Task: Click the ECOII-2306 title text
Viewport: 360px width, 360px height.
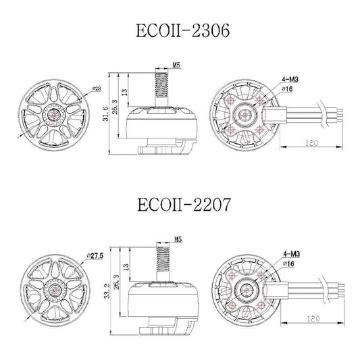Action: pyautogui.click(x=180, y=30)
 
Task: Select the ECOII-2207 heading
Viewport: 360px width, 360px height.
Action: pyautogui.click(x=180, y=205)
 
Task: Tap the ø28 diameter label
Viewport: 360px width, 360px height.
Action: pyautogui.click(x=96, y=88)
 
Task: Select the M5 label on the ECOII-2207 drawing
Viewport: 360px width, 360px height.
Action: pyautogui.click(x=178, y=239)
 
